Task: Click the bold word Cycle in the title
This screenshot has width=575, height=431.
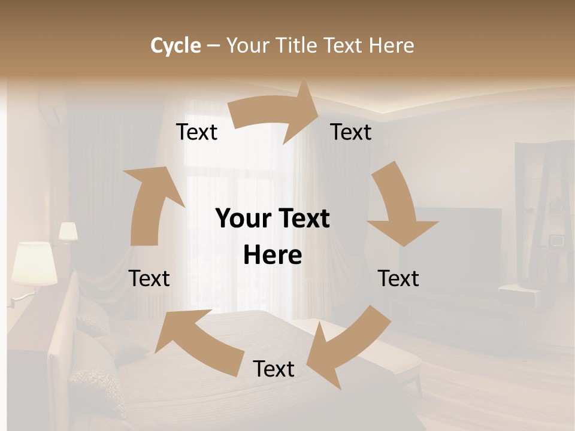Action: (175, 45)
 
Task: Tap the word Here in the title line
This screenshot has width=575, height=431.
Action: (392, 45)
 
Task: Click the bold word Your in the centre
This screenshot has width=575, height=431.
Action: (242, 218)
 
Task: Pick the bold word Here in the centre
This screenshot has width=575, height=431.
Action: (273, 255)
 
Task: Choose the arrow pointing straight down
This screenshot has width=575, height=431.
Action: (398, 207)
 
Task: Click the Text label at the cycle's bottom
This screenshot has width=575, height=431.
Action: (274, 369)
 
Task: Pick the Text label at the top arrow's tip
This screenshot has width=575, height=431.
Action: (351, 132)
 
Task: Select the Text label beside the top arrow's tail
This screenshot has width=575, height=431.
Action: (197, 132)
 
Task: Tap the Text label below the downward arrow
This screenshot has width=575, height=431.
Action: (398, 278)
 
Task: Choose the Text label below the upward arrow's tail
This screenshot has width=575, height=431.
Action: (149, 278)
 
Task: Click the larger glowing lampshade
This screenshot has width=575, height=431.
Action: (34, 263)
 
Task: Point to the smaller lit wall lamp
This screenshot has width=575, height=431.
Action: (68, 232)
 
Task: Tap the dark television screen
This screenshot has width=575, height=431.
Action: (458, 239)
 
